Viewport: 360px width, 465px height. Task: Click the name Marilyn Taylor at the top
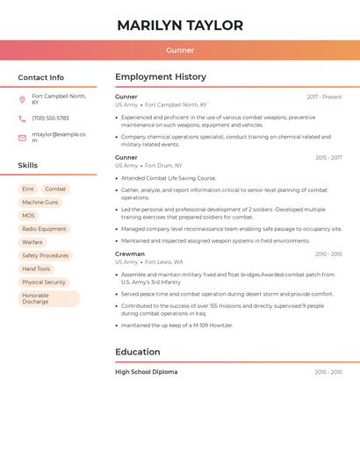(x=180, y=25)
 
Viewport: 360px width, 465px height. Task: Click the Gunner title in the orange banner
(x=180, y=50)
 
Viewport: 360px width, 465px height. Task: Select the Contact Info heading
(x=41, y=77)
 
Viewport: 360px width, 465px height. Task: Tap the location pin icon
(x=22, y=99)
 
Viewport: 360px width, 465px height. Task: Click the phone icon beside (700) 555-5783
(x=22, y=118)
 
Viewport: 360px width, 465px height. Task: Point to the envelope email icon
(x=22, y=138)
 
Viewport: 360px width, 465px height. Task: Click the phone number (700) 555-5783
(x=50, y=118)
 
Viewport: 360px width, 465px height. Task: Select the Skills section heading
(x=28, y=165)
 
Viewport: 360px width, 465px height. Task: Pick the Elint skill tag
(x=28, y=190)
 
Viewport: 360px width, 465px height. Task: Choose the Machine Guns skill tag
(x=40, y=203)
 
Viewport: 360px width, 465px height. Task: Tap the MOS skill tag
(x=29, y=216)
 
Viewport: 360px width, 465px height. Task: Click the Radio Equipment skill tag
(x=44, y=229)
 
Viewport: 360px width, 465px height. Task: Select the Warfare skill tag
(x=32, y=242)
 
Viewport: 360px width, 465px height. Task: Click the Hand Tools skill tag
(x=37, y=268)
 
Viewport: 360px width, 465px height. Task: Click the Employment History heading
(x=161, y=77)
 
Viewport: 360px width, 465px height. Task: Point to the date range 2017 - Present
(x=324, y=97)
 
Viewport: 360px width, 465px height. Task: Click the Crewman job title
(x=130, y=254)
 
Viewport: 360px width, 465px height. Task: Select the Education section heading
(x=138, y=352)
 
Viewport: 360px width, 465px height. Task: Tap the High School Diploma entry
(x=147, y=372)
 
